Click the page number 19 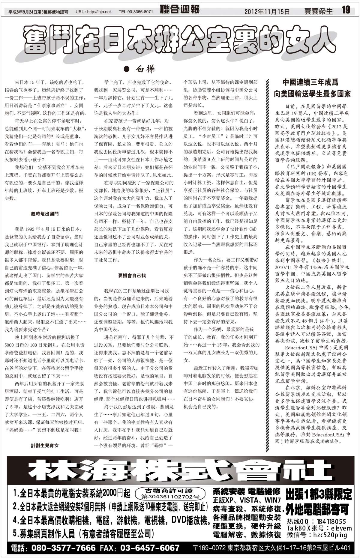click(x=346, y=10)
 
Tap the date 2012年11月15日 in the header click(x=267, y=12)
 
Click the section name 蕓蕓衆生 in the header click(x=318, y=11)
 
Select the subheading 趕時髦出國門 click(x=45, y=214)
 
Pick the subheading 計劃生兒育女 click(x=45, y=446)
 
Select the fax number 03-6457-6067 click(x=150, y=548)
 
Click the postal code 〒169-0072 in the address click(x=209, y=548)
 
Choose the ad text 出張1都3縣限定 click(x=319, y=494)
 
